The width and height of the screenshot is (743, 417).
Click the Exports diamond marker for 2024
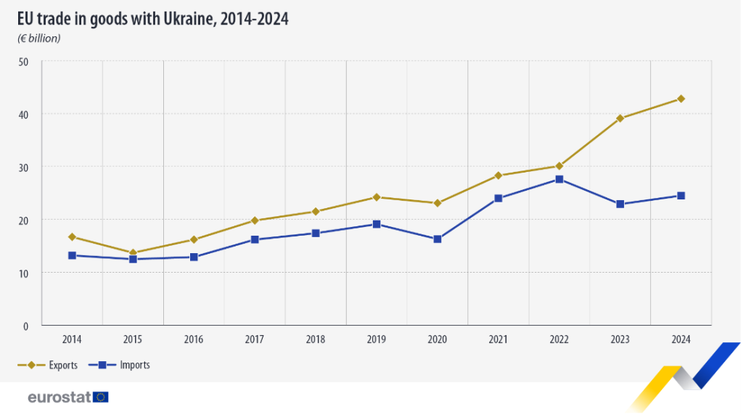(681, 99)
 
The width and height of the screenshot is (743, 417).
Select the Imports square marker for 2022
(559, 179)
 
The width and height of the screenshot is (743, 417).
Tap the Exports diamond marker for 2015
(134, 253)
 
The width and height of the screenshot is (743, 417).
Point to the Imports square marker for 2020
(438, 239)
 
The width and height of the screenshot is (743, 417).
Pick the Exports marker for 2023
(620, 118)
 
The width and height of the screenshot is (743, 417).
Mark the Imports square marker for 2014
(72, 255)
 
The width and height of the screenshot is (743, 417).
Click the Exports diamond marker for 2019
(377, 197)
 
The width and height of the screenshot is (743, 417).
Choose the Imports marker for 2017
(255, 239)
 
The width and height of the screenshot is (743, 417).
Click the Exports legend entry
(47, 365)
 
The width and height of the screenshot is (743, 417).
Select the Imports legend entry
(120, 365)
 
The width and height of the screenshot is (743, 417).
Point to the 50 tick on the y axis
(23, 62)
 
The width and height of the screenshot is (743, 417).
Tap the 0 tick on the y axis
(25, 326)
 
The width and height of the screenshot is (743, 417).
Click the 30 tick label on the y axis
(23, 168)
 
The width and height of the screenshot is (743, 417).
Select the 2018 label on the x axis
(316, 339)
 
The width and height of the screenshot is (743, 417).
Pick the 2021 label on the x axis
(498, 339)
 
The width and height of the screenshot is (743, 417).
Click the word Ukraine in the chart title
(189, 19)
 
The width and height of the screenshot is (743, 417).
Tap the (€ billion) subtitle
(39, 38)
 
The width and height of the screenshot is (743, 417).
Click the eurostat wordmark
(59, 397)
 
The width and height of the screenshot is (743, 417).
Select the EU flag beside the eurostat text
(100, 397)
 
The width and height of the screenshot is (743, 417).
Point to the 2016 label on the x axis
(194, 339)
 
